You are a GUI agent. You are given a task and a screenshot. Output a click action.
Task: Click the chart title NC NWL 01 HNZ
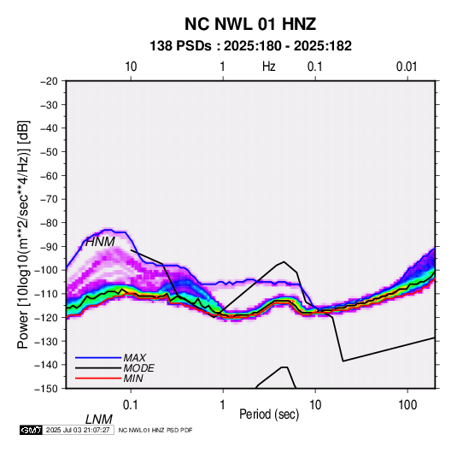250,24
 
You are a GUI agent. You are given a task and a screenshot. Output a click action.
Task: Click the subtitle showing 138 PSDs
250,46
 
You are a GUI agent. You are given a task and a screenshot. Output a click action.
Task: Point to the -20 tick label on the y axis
49,81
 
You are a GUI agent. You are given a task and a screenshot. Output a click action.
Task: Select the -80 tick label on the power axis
49,223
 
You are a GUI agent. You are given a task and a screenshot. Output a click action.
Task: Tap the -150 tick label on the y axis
47,389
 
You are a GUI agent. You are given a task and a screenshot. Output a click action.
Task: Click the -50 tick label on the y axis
49,151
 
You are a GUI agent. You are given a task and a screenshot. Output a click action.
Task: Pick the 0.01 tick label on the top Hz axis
407,67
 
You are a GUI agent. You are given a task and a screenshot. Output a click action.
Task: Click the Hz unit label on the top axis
269,67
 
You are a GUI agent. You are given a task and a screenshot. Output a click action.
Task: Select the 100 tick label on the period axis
407,405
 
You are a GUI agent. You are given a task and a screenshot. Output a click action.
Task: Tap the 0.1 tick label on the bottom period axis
130,405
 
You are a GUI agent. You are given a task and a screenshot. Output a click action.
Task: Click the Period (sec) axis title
269,414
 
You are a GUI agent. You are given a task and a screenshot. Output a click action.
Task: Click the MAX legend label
135,358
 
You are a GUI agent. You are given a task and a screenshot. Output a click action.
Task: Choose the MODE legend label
138,368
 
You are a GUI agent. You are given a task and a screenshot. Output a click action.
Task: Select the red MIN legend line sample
98,379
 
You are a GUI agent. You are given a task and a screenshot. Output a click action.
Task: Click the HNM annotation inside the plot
100,242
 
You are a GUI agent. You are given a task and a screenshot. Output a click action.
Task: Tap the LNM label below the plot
99,420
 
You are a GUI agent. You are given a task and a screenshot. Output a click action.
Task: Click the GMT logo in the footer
31,430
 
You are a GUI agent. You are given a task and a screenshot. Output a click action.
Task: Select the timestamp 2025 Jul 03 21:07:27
78,430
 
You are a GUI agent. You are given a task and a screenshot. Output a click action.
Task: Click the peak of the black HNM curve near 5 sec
284,261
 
